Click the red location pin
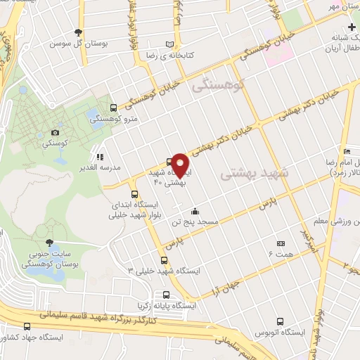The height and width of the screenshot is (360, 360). pyautogui.click(x=181, y=165)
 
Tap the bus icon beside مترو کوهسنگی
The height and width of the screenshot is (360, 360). pyautogui.click(x=114, y=108)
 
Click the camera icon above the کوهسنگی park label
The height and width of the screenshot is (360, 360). pyautogui.click(x=56, y=132)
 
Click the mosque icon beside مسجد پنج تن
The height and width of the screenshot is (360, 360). pyautogui.click(x=195, y=211)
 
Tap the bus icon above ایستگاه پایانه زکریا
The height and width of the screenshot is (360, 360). pyautogui.click(x=166, y=295)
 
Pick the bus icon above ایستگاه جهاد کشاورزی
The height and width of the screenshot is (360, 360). pyautogui.click(x=27, y=326)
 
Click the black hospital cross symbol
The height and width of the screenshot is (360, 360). pyautogui.click(x=352, y=27)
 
